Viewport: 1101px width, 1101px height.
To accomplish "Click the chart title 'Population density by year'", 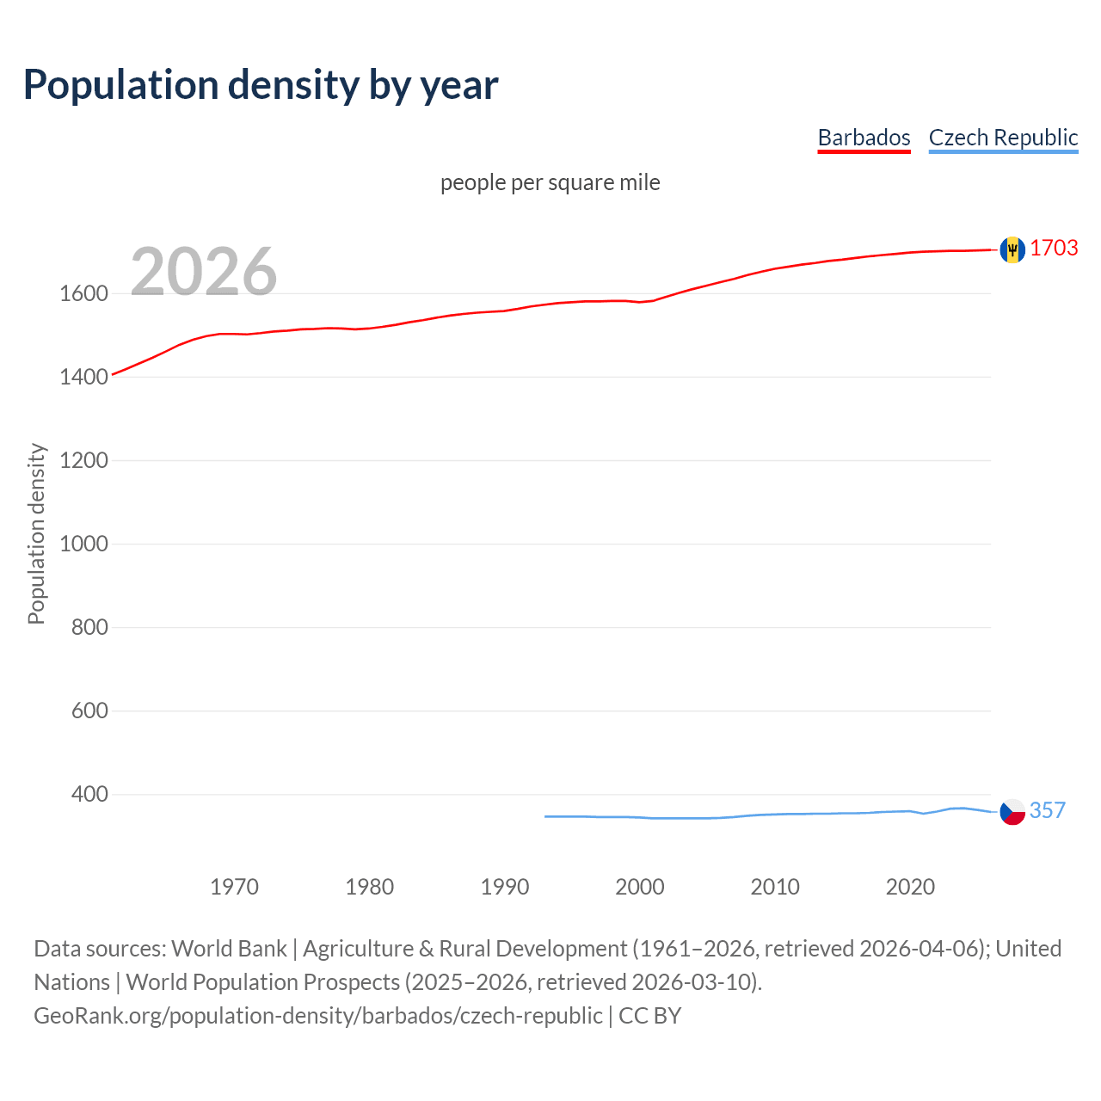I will coord(261,85).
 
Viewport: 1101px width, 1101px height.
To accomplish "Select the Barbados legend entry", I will coord(864,138).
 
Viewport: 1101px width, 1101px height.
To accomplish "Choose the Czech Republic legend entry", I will coord(1003,138).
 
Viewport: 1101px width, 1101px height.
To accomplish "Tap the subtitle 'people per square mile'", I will coord(550,183).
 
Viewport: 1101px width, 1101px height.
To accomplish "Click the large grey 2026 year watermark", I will coord(204,272).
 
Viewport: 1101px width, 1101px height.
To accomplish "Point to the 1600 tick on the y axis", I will coord(83,294).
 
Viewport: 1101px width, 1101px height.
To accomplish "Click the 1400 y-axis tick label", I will coord(83,378).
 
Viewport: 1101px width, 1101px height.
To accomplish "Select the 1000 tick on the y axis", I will coord(83,544).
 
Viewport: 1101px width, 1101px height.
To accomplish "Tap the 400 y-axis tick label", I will coord(89,795).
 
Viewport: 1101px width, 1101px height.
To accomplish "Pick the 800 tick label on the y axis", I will coord(89,628).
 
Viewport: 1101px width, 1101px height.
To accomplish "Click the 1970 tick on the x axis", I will coord(234,887).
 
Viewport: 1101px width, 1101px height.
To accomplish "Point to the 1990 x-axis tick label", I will coord(505,887).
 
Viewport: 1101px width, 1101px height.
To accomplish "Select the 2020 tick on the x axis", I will coord(910,887).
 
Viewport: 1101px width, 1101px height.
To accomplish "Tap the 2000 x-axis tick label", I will coord(640,887).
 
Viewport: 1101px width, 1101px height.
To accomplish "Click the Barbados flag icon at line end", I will coord(1012,249).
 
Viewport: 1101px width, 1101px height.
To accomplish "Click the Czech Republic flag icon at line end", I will coord(1012,812).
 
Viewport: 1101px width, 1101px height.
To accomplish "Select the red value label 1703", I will coord(1054,249).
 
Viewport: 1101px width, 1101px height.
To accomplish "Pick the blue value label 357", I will coord(1048,811).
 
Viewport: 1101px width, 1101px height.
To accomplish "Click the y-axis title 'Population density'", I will coord(36,533).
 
